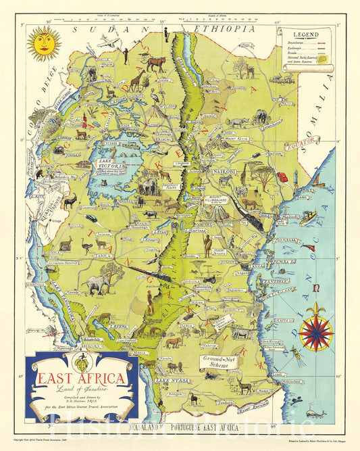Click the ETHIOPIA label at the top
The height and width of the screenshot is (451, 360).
(224, 29)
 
